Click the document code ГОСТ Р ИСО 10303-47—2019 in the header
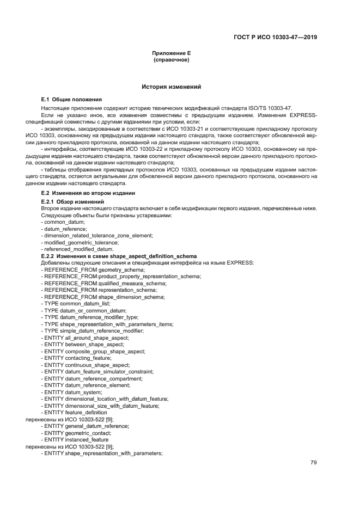pyautogui.click(x=275, y=38)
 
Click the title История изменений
pyautogui.click(x=171, y=87)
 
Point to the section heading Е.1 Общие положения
pyautogui.click(x=71, y=100)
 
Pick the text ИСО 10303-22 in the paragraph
pyautogui.click(x=148, y=149)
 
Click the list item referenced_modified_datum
pyautogui.click(x=80, y=249)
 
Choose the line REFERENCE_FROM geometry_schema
pyautogui.click(x=94, y=269)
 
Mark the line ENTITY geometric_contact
pyautogui.click(x=78, y=433)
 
